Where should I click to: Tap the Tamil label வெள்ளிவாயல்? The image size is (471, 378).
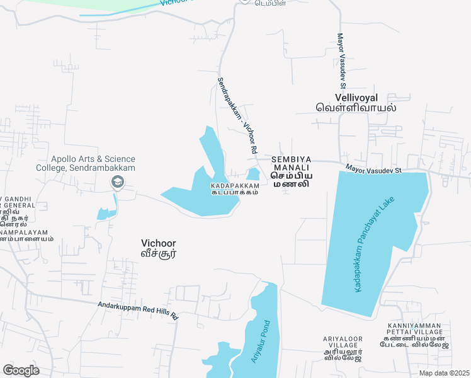point(356,108)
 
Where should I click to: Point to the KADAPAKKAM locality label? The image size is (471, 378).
point(234,186)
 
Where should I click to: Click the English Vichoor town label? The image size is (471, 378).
point(158,243)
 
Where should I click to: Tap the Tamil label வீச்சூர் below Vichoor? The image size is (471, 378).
point(158,254)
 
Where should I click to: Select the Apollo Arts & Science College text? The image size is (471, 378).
point(93,164)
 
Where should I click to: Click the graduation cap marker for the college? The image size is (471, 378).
point(117,183)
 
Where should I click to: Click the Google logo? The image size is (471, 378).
point(21,370)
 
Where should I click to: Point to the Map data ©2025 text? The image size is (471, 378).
point(444,373)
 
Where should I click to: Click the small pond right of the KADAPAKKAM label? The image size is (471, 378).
point(253,175)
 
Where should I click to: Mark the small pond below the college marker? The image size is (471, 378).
point(106,212)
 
